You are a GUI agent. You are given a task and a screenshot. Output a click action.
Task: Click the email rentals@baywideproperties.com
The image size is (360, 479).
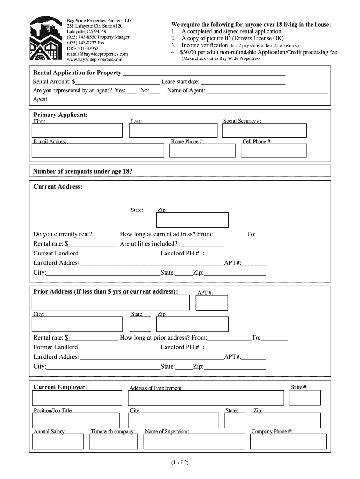coord(97,54)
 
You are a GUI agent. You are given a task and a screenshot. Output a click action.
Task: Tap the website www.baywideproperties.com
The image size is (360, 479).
coord(94,59)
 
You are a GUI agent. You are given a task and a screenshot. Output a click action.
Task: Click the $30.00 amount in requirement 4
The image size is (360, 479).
coord(192,53)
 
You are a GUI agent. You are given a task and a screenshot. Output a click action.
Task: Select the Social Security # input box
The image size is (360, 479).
coord(264,131)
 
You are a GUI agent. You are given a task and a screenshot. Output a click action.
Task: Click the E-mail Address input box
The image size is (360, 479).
coord(98,150)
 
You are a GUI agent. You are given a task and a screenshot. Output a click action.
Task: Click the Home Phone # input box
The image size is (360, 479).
coord(202,150)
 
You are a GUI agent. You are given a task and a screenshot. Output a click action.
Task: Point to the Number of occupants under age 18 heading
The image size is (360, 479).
coord(83,171)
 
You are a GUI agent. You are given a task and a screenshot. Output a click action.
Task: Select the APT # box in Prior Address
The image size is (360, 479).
coord(212,303)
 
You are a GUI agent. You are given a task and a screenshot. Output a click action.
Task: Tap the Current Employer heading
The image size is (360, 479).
coord(60,387)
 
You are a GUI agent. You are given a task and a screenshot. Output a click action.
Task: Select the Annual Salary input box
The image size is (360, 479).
coord(58,441)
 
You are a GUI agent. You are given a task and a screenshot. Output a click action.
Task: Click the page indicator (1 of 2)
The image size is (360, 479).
coord(180,463)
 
